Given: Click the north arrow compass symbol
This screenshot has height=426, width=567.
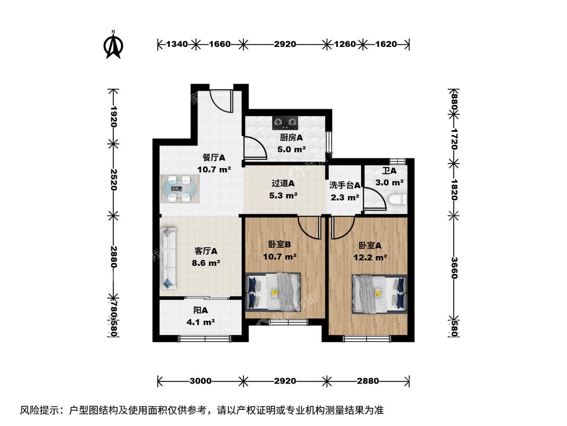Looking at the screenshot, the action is point(113,44).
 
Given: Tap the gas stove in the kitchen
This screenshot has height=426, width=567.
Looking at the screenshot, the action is point(285,123).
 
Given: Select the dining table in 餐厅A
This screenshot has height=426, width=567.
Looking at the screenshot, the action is point(180,188).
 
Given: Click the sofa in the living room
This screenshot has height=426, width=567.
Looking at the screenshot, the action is point(168,258).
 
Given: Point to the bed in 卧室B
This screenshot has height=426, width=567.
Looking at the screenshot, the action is point(273,292).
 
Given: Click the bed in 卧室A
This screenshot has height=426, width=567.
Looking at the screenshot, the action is point(380,294).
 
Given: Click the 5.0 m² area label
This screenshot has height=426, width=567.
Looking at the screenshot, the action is point(291,149).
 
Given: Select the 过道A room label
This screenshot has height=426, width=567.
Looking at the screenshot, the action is point(283,184).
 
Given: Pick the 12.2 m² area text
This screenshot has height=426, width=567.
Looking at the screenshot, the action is point(370,257).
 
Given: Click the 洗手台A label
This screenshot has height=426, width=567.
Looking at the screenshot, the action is point(345,185).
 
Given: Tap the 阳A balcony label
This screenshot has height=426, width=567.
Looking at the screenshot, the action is point(200,310).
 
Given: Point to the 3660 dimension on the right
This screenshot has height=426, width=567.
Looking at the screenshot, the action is point(454,268).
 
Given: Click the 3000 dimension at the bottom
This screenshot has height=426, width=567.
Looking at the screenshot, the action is point(201,381).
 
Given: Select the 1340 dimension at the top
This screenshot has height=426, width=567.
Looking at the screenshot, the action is point(177,44).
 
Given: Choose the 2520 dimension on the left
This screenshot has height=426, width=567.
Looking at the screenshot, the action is point(113,179).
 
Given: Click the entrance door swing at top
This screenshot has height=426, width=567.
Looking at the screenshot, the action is point(221,101).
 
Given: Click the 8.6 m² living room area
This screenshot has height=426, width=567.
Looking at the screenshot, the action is point(206,263).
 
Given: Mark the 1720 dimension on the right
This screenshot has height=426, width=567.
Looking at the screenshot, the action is point(454,139).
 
